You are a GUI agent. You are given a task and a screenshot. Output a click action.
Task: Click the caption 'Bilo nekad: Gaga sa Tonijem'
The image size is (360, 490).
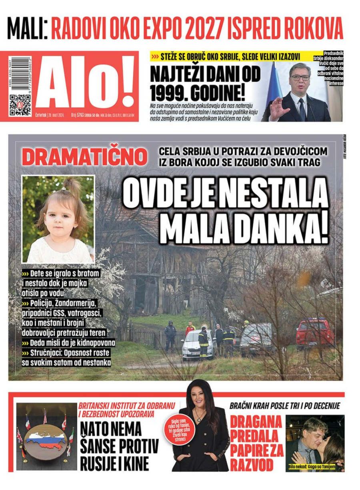(x=316, y=467)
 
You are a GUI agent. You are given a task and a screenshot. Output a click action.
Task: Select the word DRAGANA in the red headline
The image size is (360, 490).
(x=256, y=422)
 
